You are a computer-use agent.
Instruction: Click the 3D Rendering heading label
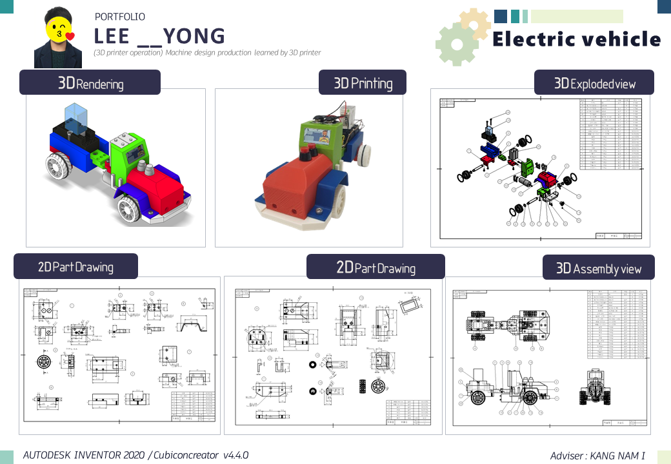[x=90, y=82]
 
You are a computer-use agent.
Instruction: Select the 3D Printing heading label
[x=363, y=82]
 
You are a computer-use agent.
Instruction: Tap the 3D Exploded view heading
[x=594, y=83]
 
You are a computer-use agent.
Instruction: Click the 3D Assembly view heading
[x=598, y=268]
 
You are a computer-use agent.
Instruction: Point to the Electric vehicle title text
[x=576, y=39]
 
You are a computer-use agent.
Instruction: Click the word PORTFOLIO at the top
[x=119, y=17]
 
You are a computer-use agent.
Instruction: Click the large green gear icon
[x=456, y=43]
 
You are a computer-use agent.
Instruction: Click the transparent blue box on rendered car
[x=76, y=121]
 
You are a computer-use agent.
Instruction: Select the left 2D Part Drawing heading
[x=75, y=266]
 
